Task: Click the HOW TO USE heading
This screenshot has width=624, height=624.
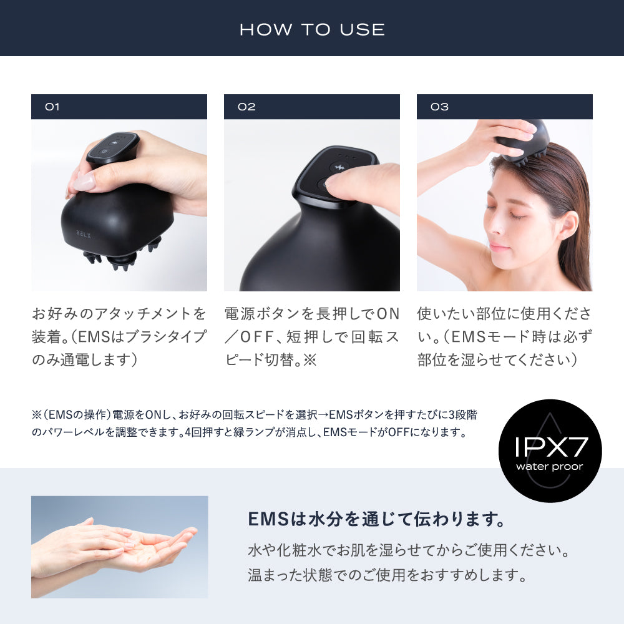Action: click(312, 29)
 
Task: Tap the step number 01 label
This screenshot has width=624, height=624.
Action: click(52, 107)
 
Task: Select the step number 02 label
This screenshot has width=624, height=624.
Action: click(246, 107)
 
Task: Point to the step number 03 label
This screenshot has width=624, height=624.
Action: click(439, 107)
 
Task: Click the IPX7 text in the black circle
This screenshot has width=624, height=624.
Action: click(550, 447)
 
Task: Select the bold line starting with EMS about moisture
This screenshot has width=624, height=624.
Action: click(376, 519)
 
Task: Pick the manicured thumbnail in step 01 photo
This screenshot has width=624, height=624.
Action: click(84, 182)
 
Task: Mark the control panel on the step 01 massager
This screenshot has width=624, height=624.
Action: click(112, 145)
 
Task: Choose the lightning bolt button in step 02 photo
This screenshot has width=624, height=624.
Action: click(339, 167)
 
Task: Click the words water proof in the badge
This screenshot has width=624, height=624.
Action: click(550, 467)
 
